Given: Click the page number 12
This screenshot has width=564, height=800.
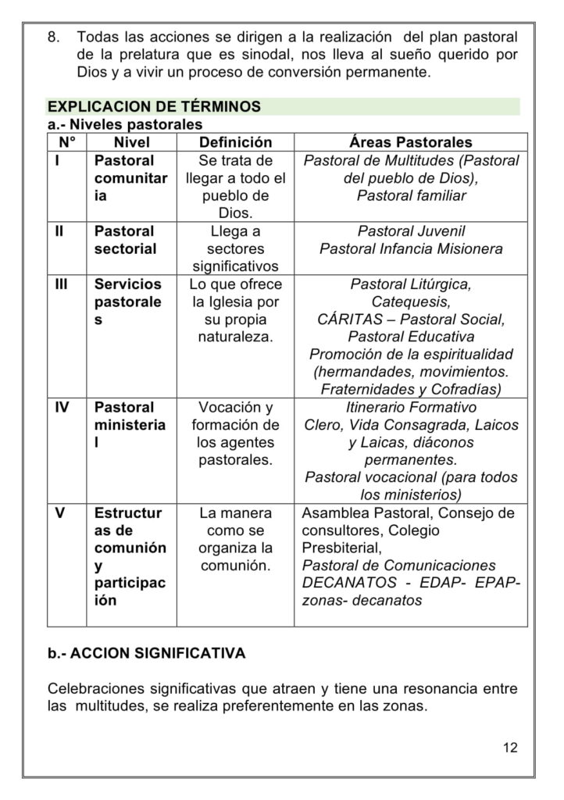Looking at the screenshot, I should click(510, 747).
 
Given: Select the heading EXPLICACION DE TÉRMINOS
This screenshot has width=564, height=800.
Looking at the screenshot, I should click(154, 106).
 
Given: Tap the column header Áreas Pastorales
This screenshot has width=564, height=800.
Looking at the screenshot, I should click(410, 142).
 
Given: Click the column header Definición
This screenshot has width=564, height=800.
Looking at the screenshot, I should click(235, 142).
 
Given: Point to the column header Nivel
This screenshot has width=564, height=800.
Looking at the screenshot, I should click(131, 142).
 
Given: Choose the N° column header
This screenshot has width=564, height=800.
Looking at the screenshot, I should click(66, 142).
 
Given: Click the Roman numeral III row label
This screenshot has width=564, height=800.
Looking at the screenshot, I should click(62, 284).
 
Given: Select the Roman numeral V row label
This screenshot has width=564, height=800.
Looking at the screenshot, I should click(59, 513).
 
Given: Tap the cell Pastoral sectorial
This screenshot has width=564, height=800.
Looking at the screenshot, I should click(125, 240).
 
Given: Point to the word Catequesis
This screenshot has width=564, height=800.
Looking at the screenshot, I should click(410, 302).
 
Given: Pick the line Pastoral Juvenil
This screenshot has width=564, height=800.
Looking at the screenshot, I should click(411, 231).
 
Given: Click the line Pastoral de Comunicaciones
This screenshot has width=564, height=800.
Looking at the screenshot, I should click(398, 565).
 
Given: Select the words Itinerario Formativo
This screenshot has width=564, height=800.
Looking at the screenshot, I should click(411, 407).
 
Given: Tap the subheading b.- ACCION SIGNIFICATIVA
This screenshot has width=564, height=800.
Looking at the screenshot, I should click(146, 653).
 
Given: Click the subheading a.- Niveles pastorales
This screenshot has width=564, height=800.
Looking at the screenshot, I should click(124, 124).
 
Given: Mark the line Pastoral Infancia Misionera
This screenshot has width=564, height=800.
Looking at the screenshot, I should click(411, 249).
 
